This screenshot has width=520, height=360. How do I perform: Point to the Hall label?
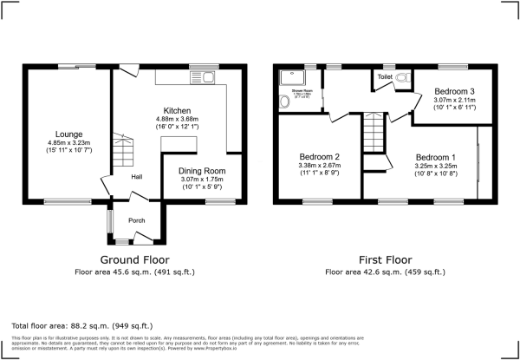(x=136, y=178)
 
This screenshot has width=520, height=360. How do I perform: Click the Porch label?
(x=135, y=220)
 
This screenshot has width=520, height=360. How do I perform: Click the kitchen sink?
(x=209, y=79)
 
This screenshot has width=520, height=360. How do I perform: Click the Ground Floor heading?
(x=134, y=259)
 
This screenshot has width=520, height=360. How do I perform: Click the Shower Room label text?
(x=302, y=90)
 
